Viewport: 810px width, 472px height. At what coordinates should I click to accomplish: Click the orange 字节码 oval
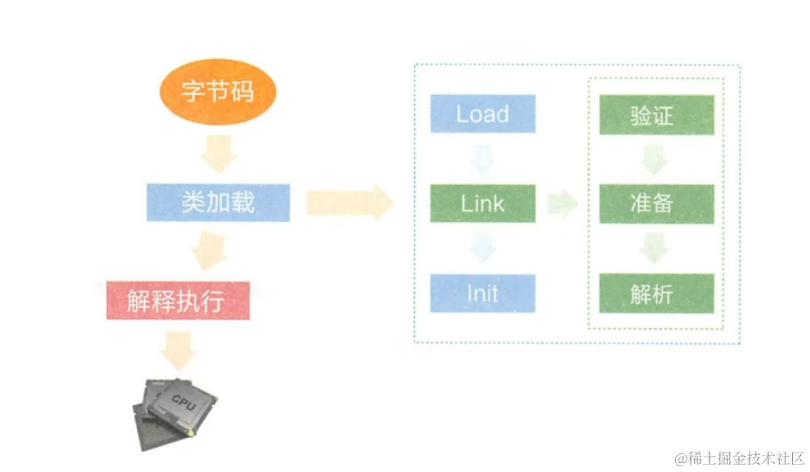click(217, 91)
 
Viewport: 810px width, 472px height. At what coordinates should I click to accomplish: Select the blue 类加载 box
click(218, 203)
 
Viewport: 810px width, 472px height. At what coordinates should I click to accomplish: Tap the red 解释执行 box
click(177, 301)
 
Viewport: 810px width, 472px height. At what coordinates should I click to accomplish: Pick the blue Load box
click(483, 114)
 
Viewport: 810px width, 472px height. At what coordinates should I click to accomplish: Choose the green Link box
click(483, 203)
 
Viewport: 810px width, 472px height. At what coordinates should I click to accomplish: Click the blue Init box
click(483, 293)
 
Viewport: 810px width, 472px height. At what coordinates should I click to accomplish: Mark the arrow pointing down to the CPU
click(178, 350)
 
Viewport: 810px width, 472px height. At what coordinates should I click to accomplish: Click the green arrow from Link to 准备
click(563, 204)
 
